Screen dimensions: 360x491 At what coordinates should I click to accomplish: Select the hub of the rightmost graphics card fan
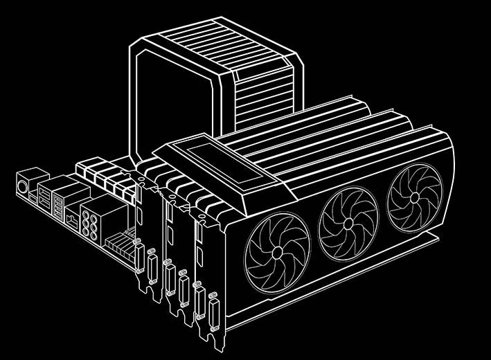[x=414, y=196]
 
